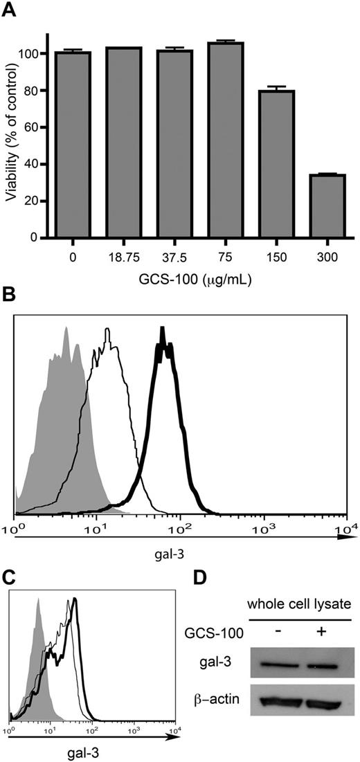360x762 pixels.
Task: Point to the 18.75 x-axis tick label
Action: tap(123, 257)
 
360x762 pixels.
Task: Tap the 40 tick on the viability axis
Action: tap(33, 164)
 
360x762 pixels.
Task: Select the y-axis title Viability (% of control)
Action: tap(11, 135)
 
